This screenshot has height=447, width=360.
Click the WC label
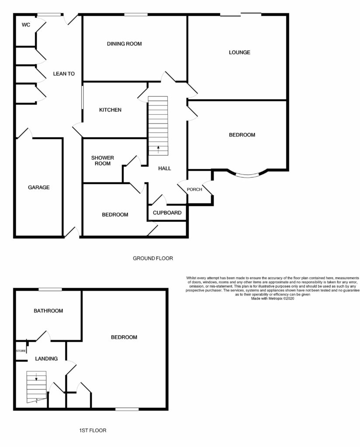coord(26,25)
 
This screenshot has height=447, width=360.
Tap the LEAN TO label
coord(64,73)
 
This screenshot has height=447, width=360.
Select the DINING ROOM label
coord(125,44)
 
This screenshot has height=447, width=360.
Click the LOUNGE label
coord(239,52)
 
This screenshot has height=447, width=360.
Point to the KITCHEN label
coord(111,110)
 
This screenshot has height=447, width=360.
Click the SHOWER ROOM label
coord(103,161)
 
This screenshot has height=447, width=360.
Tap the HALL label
coord(165,168)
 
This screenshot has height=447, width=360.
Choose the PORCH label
coord(194,189)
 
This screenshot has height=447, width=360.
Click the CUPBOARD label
coord(167,213)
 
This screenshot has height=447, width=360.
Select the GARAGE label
coord(39,187)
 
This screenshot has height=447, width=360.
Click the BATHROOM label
coord(48,311)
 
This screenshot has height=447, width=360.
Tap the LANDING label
coord(46,359)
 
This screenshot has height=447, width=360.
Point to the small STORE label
coord(21,351)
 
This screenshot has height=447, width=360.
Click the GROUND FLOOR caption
coord(153,258)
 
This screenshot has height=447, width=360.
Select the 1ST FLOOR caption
coord(93,430)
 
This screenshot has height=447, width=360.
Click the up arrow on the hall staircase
coord(158,150)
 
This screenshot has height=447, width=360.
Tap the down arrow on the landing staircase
coord(36,377)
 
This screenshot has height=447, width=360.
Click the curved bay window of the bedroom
coord(248,175)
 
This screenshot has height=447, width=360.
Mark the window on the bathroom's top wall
coord(50,290)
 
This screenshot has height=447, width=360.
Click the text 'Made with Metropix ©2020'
coord(273,299)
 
